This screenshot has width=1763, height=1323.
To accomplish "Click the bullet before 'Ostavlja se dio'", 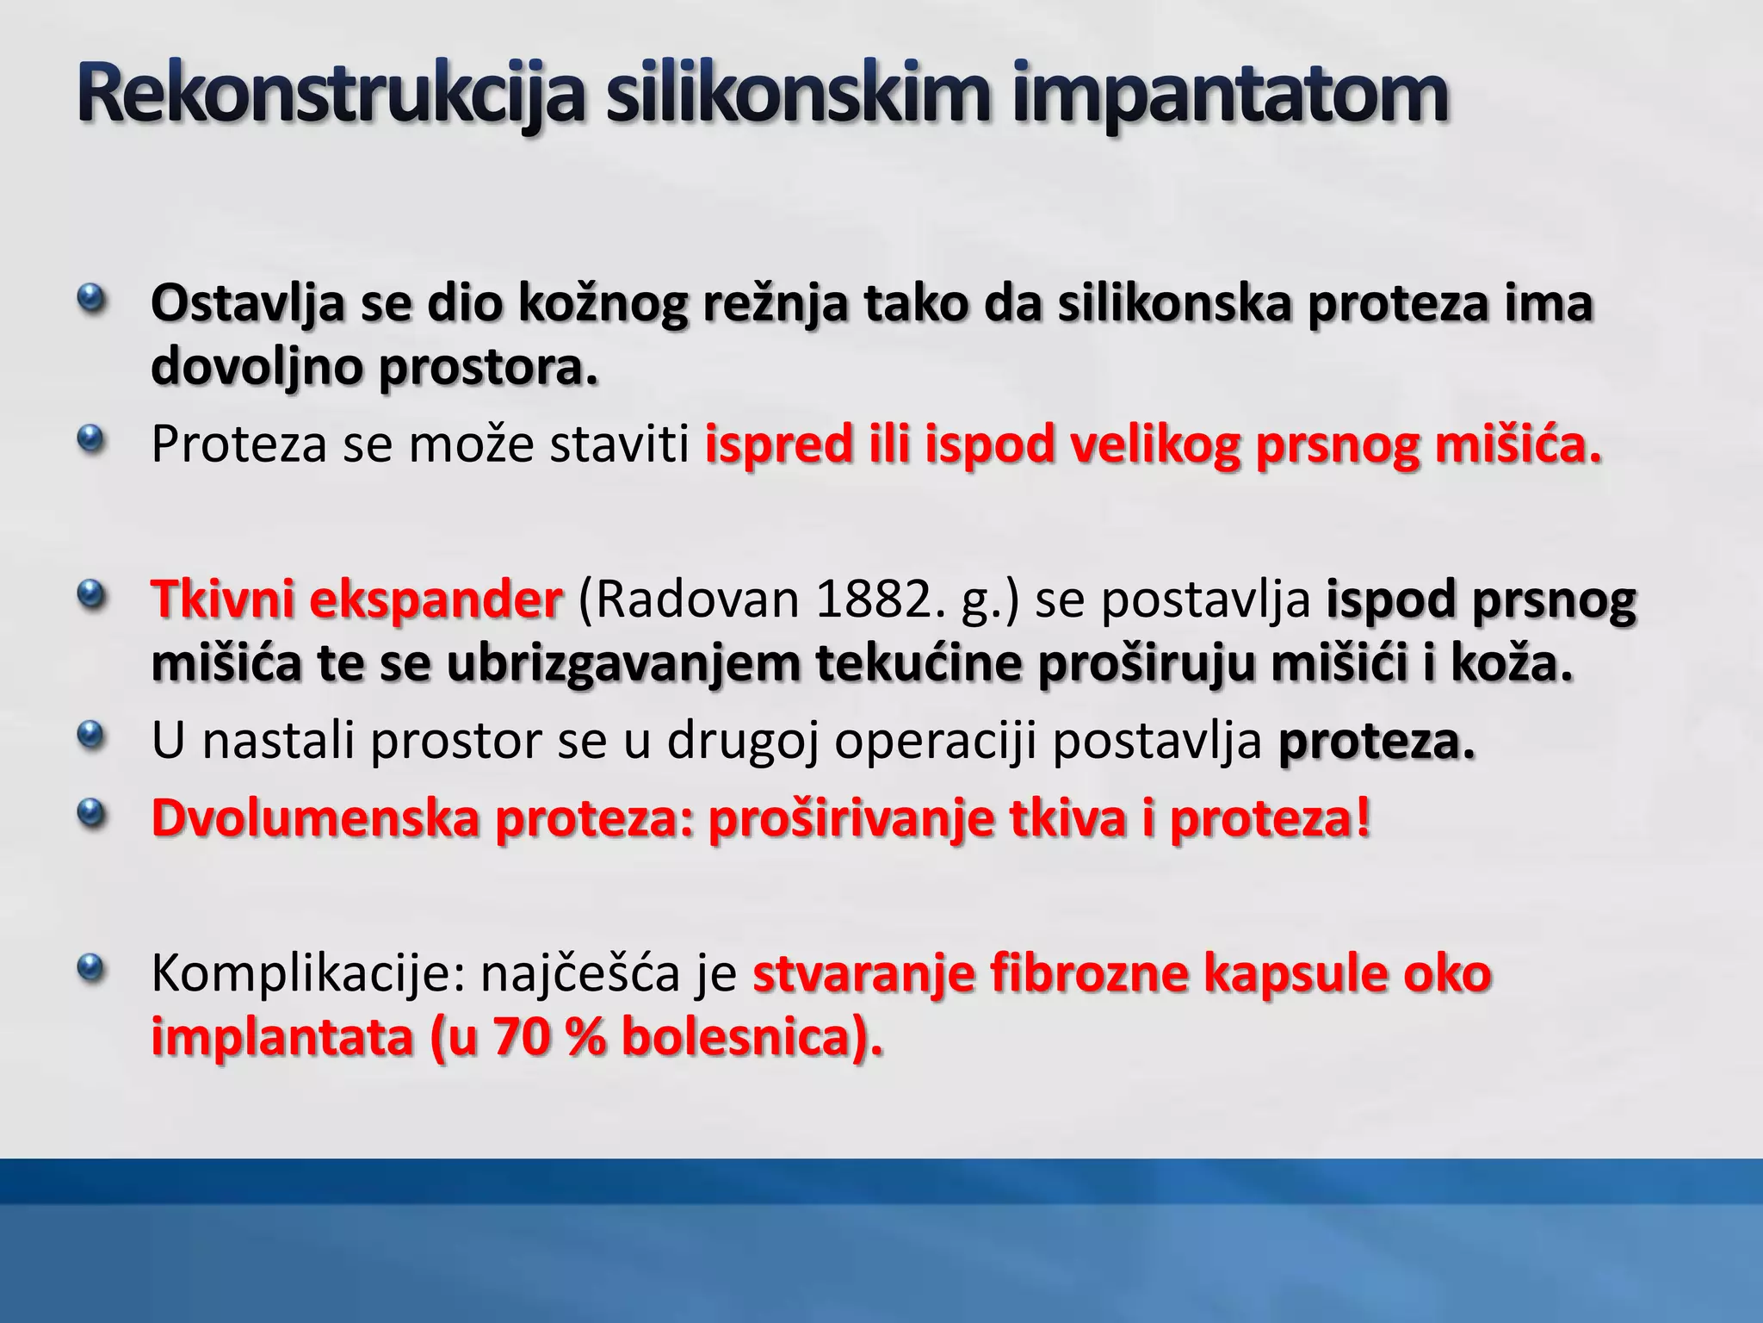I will point(89,301).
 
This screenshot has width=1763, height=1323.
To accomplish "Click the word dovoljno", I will point(256,368).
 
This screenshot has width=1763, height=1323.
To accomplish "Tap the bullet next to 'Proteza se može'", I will point(89,442).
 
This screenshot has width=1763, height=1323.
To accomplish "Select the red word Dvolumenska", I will point(315,817).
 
